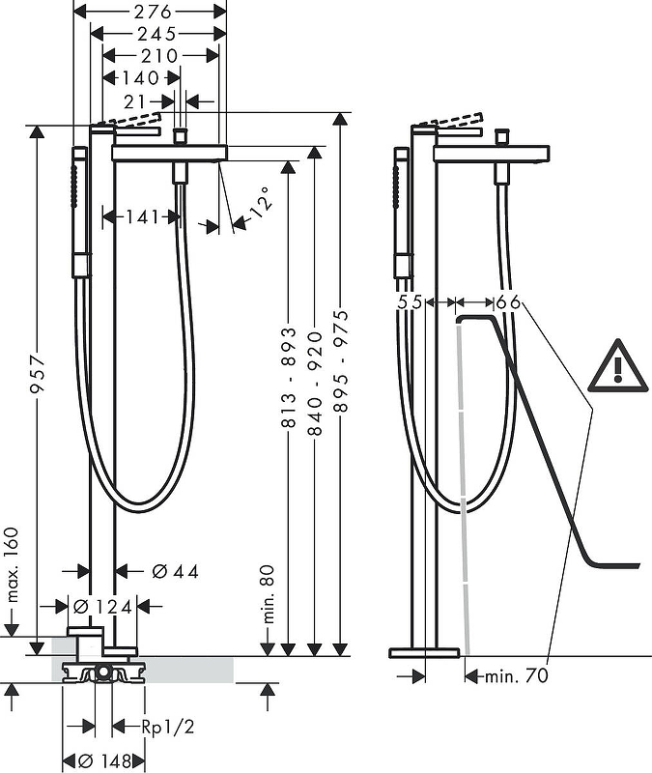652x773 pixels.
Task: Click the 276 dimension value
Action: [153, 11]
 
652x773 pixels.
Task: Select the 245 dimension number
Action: [156, 34]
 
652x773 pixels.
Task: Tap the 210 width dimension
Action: [159, 56]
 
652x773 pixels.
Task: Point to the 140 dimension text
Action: [141, 78]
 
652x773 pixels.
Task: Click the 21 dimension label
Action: [135, 102]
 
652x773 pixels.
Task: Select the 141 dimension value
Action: [142, 216]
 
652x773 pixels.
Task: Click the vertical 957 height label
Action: [38, 374]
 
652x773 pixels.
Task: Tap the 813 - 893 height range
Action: [289, 377]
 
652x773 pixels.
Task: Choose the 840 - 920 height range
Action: [315, 384]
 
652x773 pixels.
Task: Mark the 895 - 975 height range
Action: [341, 360]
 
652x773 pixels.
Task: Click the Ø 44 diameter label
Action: [176, 571]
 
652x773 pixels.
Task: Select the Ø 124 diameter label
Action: [102, 607]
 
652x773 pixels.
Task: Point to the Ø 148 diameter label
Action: [105, 761]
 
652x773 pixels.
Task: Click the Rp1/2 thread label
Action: [167, 727]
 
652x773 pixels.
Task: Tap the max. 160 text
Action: [13, 565]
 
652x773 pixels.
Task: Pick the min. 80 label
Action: [269, 594]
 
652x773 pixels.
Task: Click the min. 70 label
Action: [517, 675]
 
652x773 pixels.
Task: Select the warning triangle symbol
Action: [617, 365]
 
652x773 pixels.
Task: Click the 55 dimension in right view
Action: [410, 301]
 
